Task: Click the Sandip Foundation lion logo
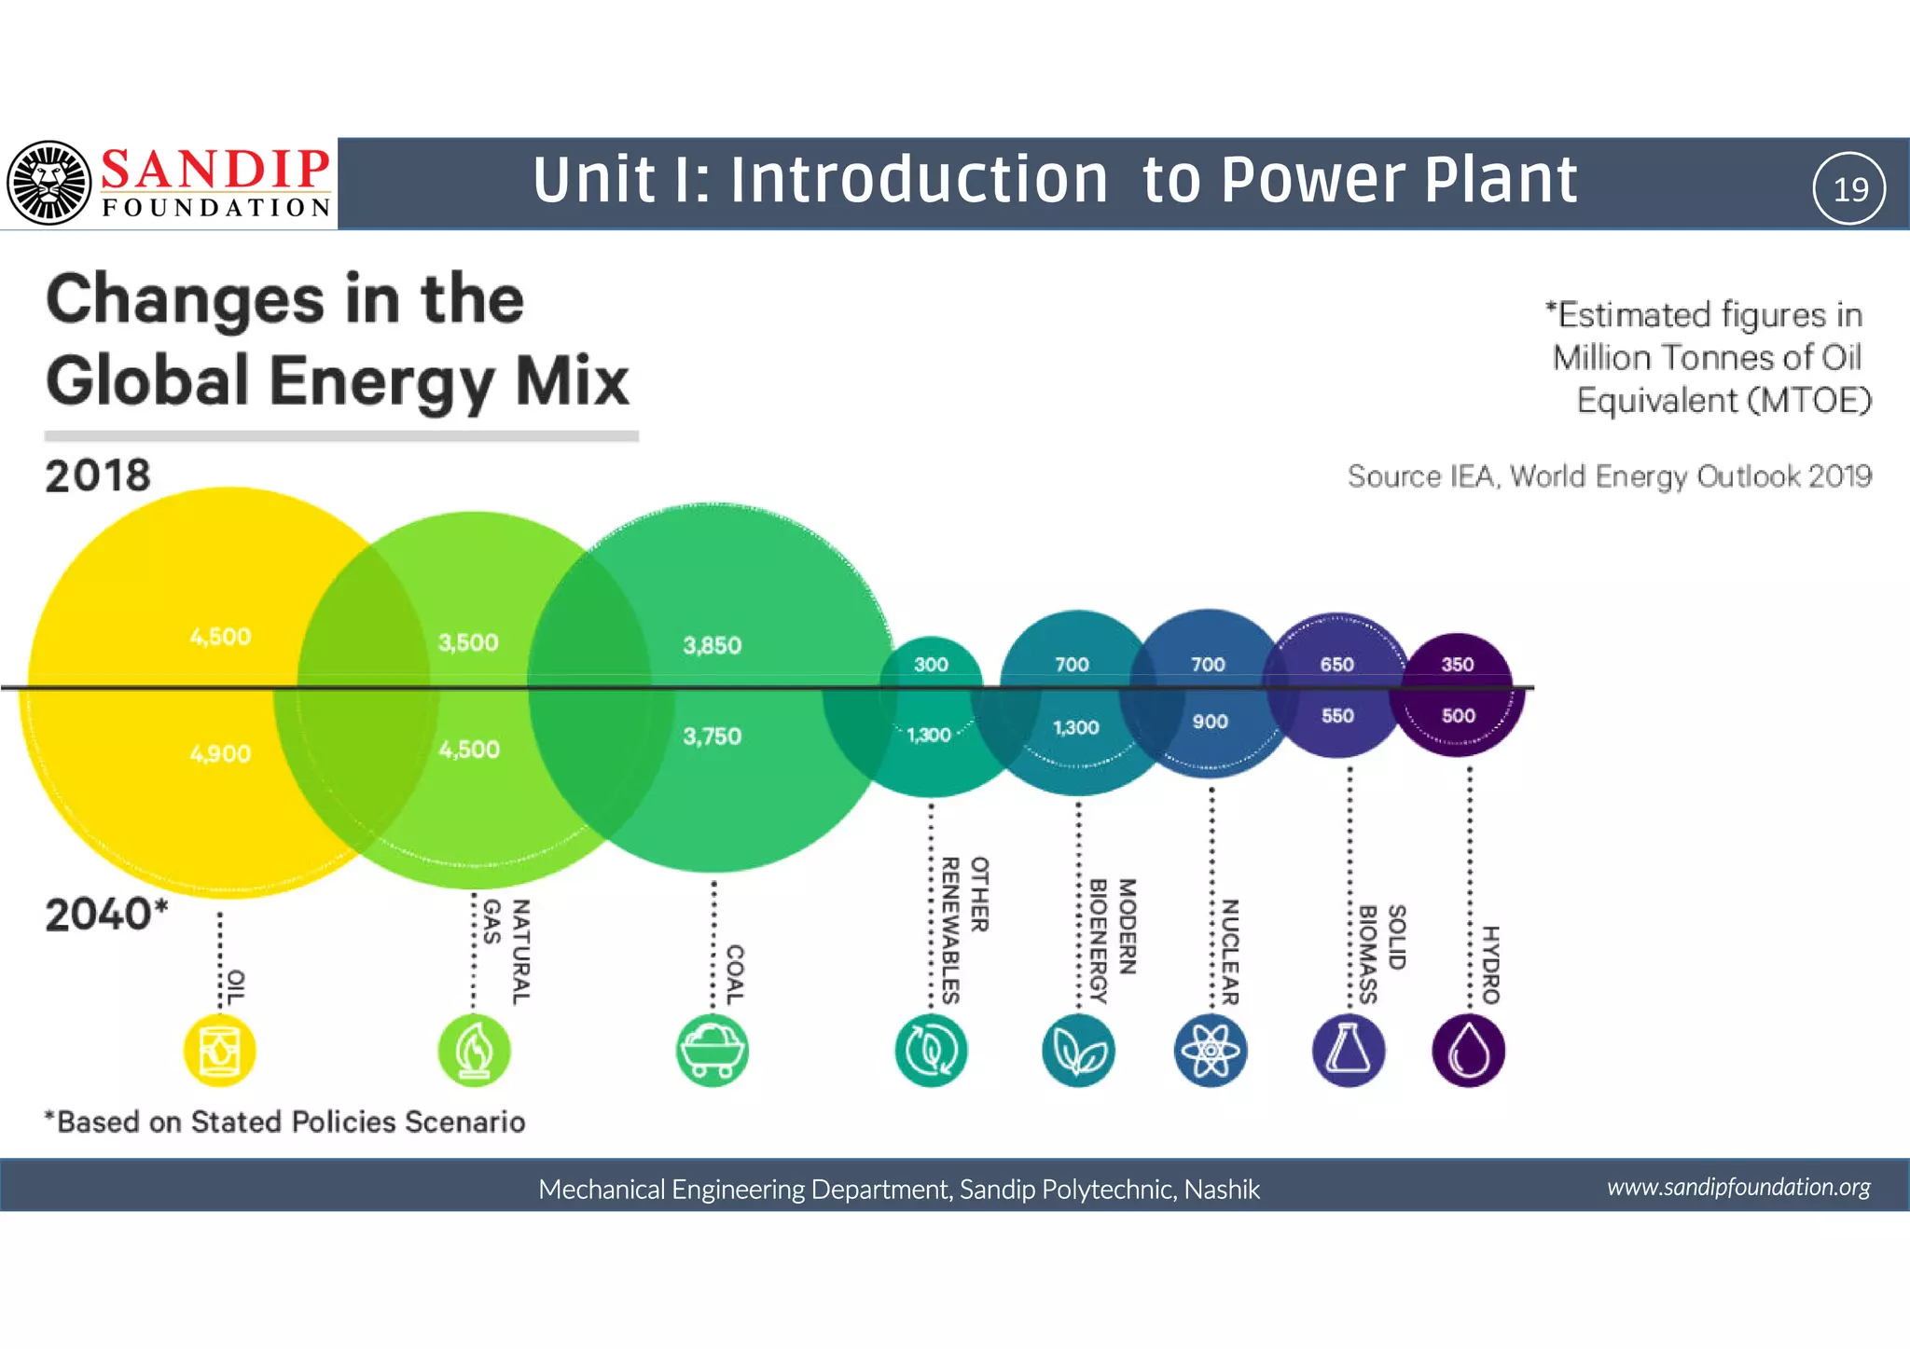tap(48, 183)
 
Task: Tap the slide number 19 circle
tap(1849, 188)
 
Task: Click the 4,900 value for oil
tap(220, 753)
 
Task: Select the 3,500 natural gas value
tap(468, 642)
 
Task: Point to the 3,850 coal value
tap(712, 645)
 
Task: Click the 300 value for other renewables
tap(931, 665)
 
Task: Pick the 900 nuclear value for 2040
tap(1210, 722)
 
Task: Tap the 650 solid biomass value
tap(1336, 665)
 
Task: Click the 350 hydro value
tap(1458, 665)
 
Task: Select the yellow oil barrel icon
tap(220, 1051)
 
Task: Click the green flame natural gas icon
tap(474, 1051)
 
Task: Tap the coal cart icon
tap(712, 1051)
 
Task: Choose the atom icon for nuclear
tap(1210, 1051)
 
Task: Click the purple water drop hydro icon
tap(1468, 1051)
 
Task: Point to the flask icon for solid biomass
tap(1348, 1051)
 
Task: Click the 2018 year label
tap(98, 476)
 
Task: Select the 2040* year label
tap(106, 915)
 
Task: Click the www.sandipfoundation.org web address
tap(1738, 1187)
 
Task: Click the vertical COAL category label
tap(735, 974)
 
